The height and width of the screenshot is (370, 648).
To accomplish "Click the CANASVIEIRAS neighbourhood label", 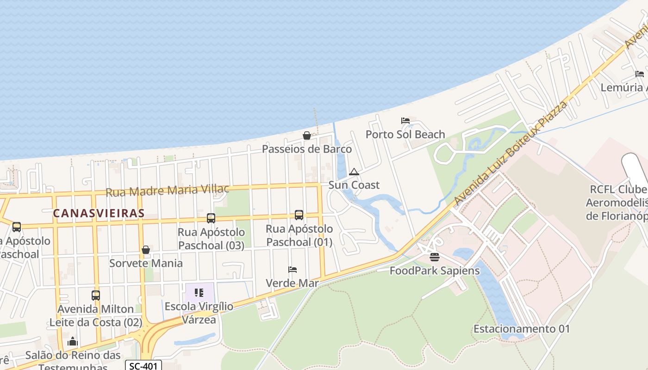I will point(99,213).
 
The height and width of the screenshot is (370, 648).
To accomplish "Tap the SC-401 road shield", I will point(143,366).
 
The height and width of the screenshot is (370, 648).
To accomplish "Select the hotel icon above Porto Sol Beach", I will point(405,121).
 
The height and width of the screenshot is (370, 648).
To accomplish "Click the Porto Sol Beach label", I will point(405,135).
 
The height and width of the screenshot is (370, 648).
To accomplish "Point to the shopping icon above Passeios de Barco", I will point(306,136).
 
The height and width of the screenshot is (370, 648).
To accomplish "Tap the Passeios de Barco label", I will point(307,149).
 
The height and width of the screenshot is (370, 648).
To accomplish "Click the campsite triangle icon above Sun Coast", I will point(354,172).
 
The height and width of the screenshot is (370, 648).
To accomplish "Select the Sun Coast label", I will point(354,185).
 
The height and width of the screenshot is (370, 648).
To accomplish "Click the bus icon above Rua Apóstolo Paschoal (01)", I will point(299,215).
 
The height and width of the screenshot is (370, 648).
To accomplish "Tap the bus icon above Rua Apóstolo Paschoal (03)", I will point(211,218).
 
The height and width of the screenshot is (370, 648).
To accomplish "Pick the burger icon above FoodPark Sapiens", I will point(434,257).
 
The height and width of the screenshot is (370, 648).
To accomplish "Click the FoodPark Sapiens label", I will point(435,271).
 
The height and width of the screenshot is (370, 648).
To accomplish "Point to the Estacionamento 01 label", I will point(521,329).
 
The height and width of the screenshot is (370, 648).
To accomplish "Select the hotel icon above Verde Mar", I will point(292,270).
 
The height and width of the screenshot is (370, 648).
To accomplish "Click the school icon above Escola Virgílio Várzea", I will point(199,293).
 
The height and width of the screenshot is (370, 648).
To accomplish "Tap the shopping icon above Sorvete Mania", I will point(146,250).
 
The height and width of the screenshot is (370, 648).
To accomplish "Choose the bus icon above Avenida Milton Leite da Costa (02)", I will point(95,295).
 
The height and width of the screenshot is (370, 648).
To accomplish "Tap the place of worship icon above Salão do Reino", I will point(73,342).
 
